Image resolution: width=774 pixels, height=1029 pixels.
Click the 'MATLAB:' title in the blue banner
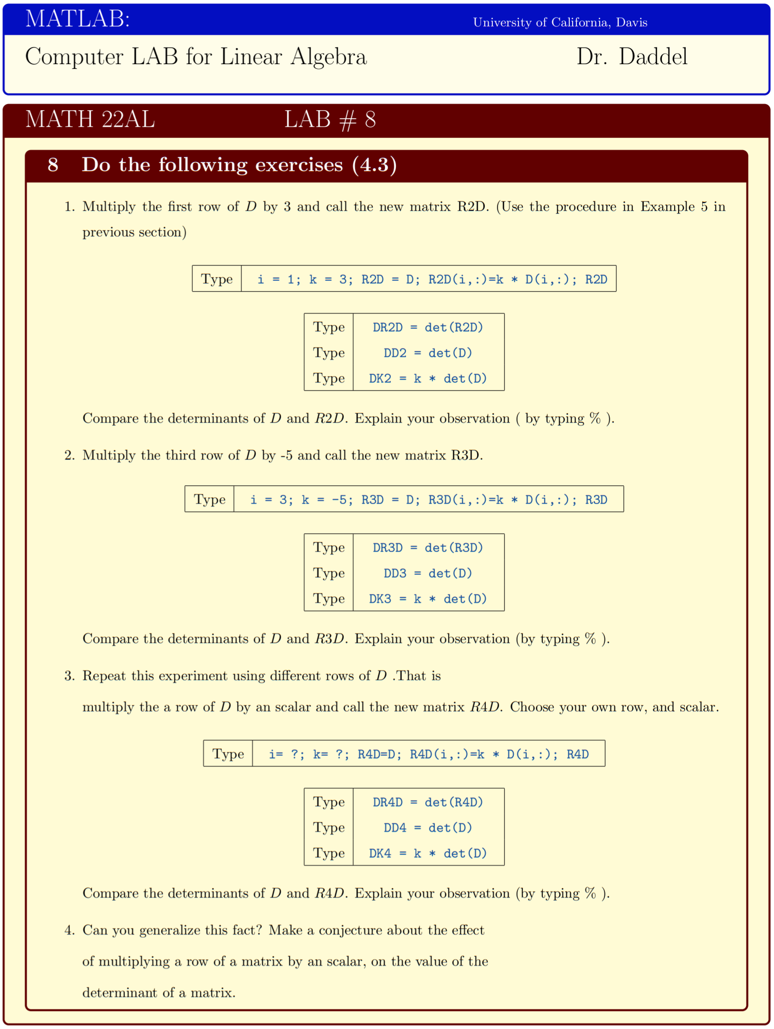pyautogui.click(x=77, y=19)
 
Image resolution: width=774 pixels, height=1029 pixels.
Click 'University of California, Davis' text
pyautogui.click(x=560, y=22)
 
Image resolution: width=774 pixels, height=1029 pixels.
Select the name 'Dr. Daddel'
pyautogui.click(x=632, y=57)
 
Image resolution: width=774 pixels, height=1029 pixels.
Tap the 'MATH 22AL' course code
pyautogui.click(x=90, y=119)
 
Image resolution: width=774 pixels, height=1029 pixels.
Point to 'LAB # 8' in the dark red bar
pyautogui.click(x=330, y=119)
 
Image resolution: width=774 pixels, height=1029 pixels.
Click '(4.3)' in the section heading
pyautogui.click(x=374, y=165)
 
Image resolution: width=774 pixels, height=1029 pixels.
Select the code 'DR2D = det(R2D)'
pyautogui.click(x=427, y=327)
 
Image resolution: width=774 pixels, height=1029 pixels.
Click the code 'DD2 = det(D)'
pyautogui.click(x=427, y=353)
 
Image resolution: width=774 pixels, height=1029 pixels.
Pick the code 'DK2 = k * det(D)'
pyautogui.click(x=427, y=378)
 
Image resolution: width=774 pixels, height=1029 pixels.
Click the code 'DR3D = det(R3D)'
pyautogui.click(x=427, y=548)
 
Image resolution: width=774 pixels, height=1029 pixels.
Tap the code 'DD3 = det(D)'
pyautogui.click(x=427, y=573)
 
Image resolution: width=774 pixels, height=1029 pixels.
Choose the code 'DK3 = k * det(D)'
pyautogui.click(x=427, y=599)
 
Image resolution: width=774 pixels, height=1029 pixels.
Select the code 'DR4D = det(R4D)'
pyautogui.click(x=427, y=802)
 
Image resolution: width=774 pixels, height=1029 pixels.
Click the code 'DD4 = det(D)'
pyautogui.click(x=427, y=828)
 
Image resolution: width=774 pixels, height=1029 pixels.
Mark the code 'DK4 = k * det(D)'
pyautogui.click(x=427, y=853)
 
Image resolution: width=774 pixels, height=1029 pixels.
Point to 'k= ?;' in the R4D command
pyautogui.click(x=330, y=754)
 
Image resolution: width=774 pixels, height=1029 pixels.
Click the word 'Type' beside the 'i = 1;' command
pyautogui.click(x=217, y=279)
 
